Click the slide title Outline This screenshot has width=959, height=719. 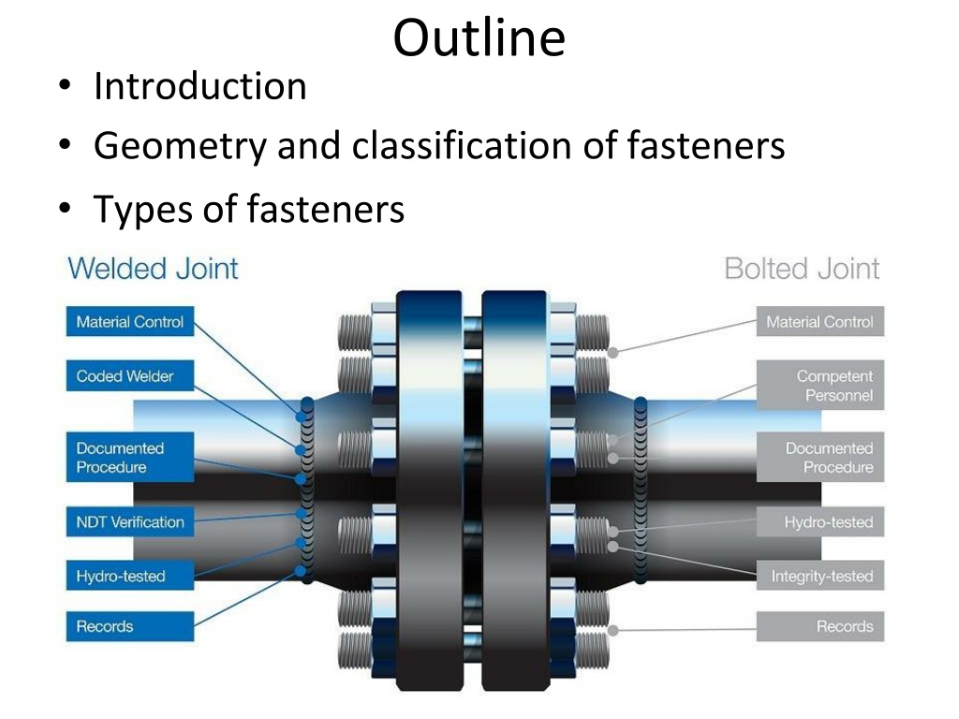tap(479, 37)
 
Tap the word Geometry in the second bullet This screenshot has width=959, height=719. tap(181, 147)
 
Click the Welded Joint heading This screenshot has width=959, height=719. tap(153, 269)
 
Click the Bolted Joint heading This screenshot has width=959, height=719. tap(802, 269)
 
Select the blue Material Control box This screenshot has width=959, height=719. tap(129, 322)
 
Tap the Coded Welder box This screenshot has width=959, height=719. tap(129, 375)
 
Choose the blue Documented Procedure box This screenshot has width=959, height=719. tap(129, 457)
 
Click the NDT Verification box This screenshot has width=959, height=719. tap(129, 521)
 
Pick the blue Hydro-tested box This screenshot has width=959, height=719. tap(129, 576)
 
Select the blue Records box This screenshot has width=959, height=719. tap(129, 626)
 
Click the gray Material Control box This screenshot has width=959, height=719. tap(820, 322)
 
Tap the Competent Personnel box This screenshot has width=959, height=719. tap(820, 385)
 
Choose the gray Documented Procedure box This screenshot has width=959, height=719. tap(820, 457)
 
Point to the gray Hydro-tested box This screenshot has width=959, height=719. tap(820, 521)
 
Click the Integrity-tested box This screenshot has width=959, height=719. tap(820, 576)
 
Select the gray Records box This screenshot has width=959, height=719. tap(820, 626)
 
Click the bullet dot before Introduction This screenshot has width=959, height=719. tap(65, 85)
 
